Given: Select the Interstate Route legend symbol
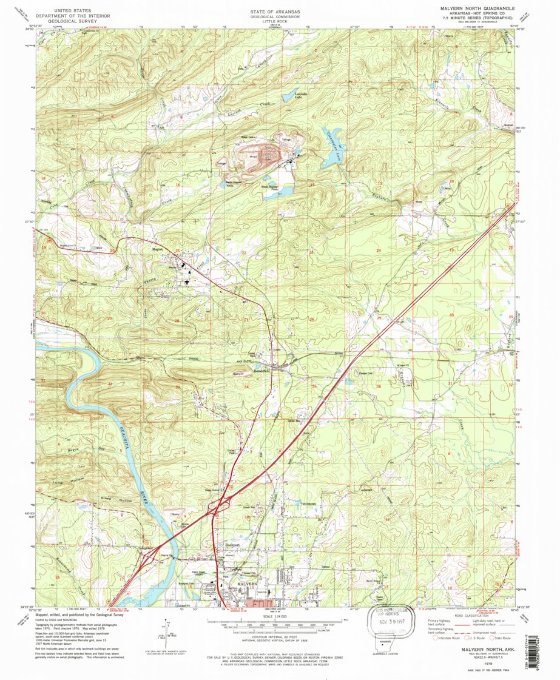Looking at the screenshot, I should (x=432, y=638).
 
